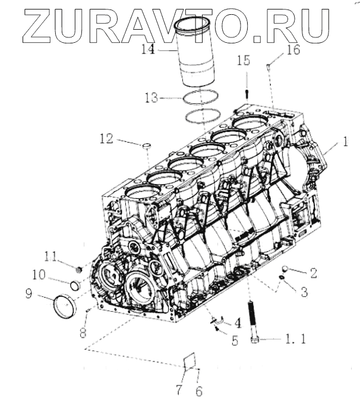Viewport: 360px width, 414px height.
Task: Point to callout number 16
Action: [x=293, y=51]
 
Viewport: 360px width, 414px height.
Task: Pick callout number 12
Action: [x=106, y=140]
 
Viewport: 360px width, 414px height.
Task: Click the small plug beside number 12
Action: [x=146, y=144]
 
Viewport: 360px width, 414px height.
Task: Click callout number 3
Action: [x=304, y=292]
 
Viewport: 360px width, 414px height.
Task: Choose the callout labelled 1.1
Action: [x=292, y=340]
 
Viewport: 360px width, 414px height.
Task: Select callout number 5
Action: [x=236, y=342]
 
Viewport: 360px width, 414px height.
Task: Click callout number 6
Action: [x=199, y=391]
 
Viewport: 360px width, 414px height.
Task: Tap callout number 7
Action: [x=178, y=391]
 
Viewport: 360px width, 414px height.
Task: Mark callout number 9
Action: [x=44, y=293]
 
